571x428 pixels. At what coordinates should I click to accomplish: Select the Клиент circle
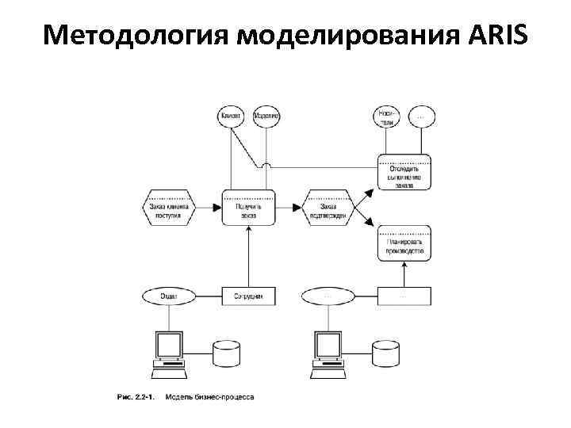click(x=231, y=117)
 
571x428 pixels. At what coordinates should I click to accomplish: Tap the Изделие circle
click(x=266, y=117)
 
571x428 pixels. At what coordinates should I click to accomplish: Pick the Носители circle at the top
click(x=386, y=117)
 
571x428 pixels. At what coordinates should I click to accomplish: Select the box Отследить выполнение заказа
click(x=404, y=173)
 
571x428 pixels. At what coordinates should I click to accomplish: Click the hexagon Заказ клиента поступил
click(x=167, y=208)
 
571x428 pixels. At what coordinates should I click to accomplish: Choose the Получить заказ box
click(x=249, y=208)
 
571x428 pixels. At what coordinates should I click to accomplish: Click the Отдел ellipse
click(x=168, y=296)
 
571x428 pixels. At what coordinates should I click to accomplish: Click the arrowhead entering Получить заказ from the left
click(x=217, y=208)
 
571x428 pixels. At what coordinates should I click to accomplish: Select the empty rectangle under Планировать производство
click(x=404, y=296)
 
